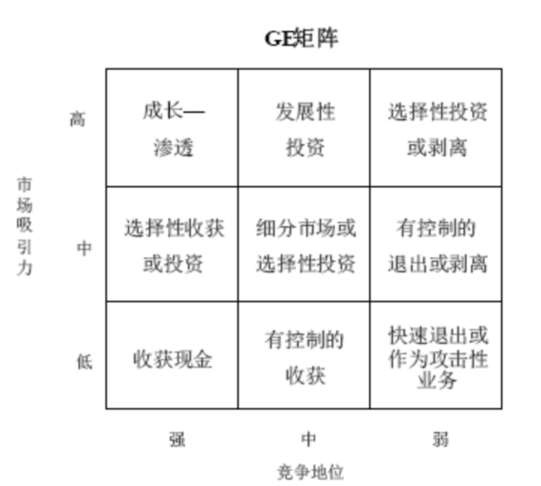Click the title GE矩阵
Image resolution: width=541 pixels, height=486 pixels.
301,38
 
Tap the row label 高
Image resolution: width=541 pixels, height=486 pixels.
77,120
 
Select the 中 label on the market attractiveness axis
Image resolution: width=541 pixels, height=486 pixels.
84,248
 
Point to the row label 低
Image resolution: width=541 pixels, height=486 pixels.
84,362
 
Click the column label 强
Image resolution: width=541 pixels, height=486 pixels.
177,439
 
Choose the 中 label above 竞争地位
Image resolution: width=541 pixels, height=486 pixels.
308,439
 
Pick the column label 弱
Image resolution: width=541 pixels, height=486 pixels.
440,439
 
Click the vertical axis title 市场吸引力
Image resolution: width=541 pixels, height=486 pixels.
25,227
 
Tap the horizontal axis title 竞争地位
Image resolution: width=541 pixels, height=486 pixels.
310,472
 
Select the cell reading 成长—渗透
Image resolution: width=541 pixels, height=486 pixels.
172,128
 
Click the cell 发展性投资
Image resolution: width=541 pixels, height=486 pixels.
304,128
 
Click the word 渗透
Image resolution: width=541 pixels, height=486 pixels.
174,148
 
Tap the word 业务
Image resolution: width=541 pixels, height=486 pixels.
438,380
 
